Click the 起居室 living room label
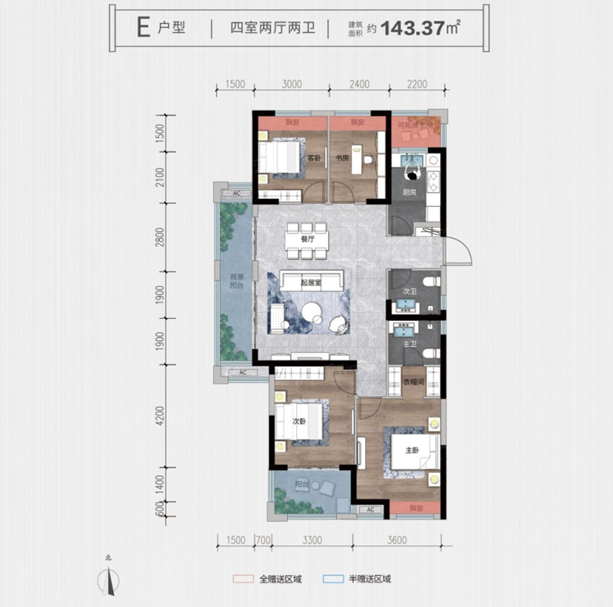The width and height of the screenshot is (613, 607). tap(310, 283)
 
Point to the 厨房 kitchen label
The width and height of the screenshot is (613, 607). tap(410, 192)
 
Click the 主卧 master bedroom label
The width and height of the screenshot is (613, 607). tap(412, 451)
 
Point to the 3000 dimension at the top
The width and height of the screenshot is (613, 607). tap(291, 84)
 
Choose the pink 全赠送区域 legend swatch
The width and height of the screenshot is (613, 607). tap(243, 578)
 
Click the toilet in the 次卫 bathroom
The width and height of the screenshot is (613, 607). tap(430, 282)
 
